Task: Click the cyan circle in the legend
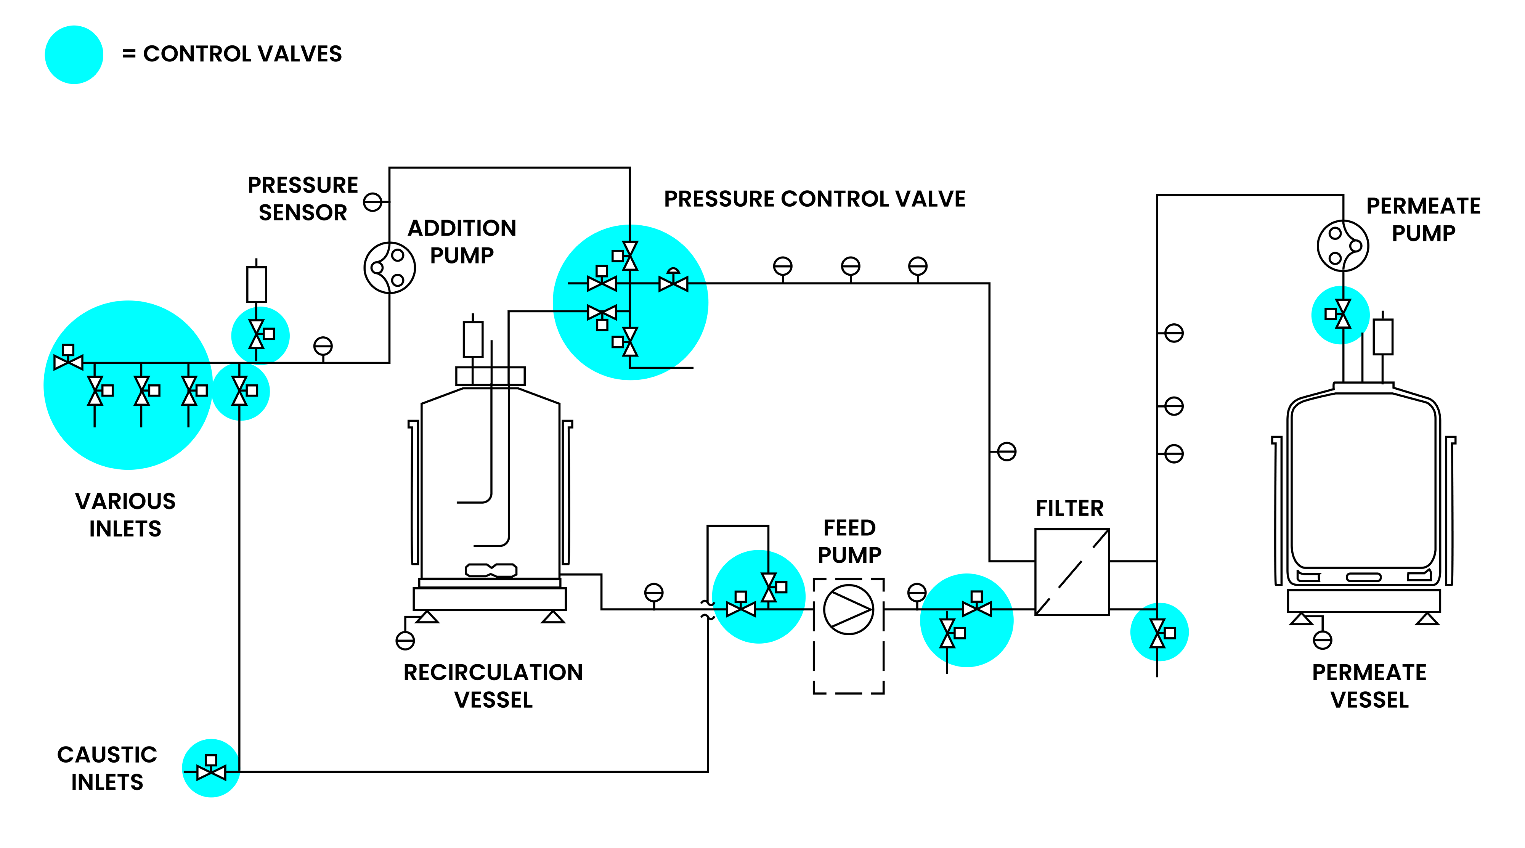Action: coord(74,55)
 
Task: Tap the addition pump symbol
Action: coord(390,268)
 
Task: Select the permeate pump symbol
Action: coord(1343,246)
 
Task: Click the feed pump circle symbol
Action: coord(848,609)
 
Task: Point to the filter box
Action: coord(1072,572)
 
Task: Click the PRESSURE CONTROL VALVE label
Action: coord(815,199)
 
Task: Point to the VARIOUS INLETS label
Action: coord(125,515)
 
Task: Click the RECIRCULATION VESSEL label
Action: coord(493,686)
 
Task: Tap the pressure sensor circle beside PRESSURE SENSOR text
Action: coord(372,202)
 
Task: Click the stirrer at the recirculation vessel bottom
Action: coord(491,570)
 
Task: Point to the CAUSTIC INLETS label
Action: coord(107,768)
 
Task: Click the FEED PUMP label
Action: coord(849,541)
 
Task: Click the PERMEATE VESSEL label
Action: coord(1369,686)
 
